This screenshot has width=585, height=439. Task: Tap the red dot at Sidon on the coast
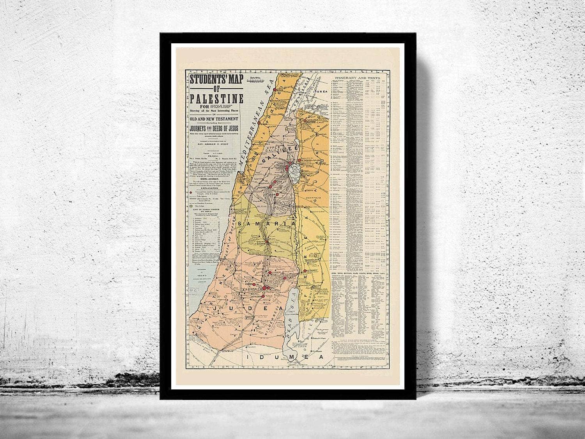(275, 89)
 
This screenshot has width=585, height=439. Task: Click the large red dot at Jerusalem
(264, 288)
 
